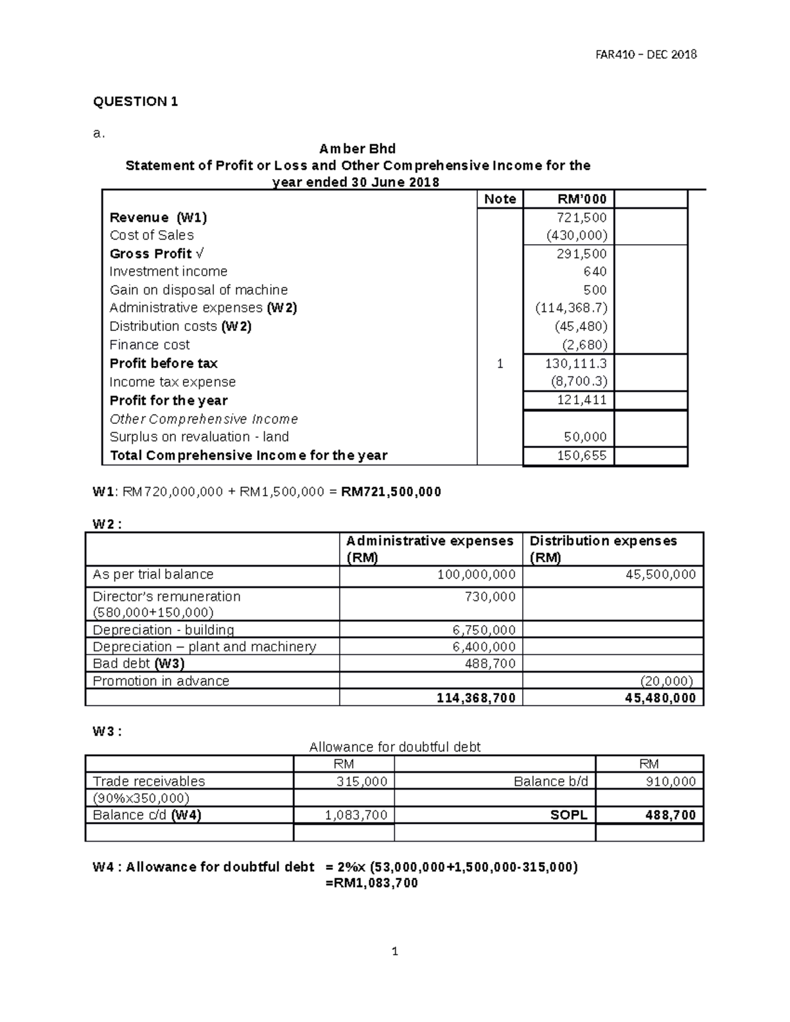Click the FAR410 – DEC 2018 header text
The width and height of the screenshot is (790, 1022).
(x=645, y=55)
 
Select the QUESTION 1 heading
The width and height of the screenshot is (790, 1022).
(x=135, y=101)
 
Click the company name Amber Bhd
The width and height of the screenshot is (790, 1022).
(x=357, y=149)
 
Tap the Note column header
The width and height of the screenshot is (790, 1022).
(x=500, y=199)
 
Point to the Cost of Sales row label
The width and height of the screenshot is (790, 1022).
(x=151, y=236)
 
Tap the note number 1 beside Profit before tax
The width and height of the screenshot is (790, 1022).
(x=500, y=363)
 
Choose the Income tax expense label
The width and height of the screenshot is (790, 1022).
(x=172, y=382)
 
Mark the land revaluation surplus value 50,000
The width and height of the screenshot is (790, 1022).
(x=585, y=437)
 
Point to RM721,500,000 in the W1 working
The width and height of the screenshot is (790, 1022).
(x=391, y=492)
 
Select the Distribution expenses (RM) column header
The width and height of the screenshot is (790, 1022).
(x=602, y=549)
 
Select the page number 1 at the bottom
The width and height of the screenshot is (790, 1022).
(x=394, y=951)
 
